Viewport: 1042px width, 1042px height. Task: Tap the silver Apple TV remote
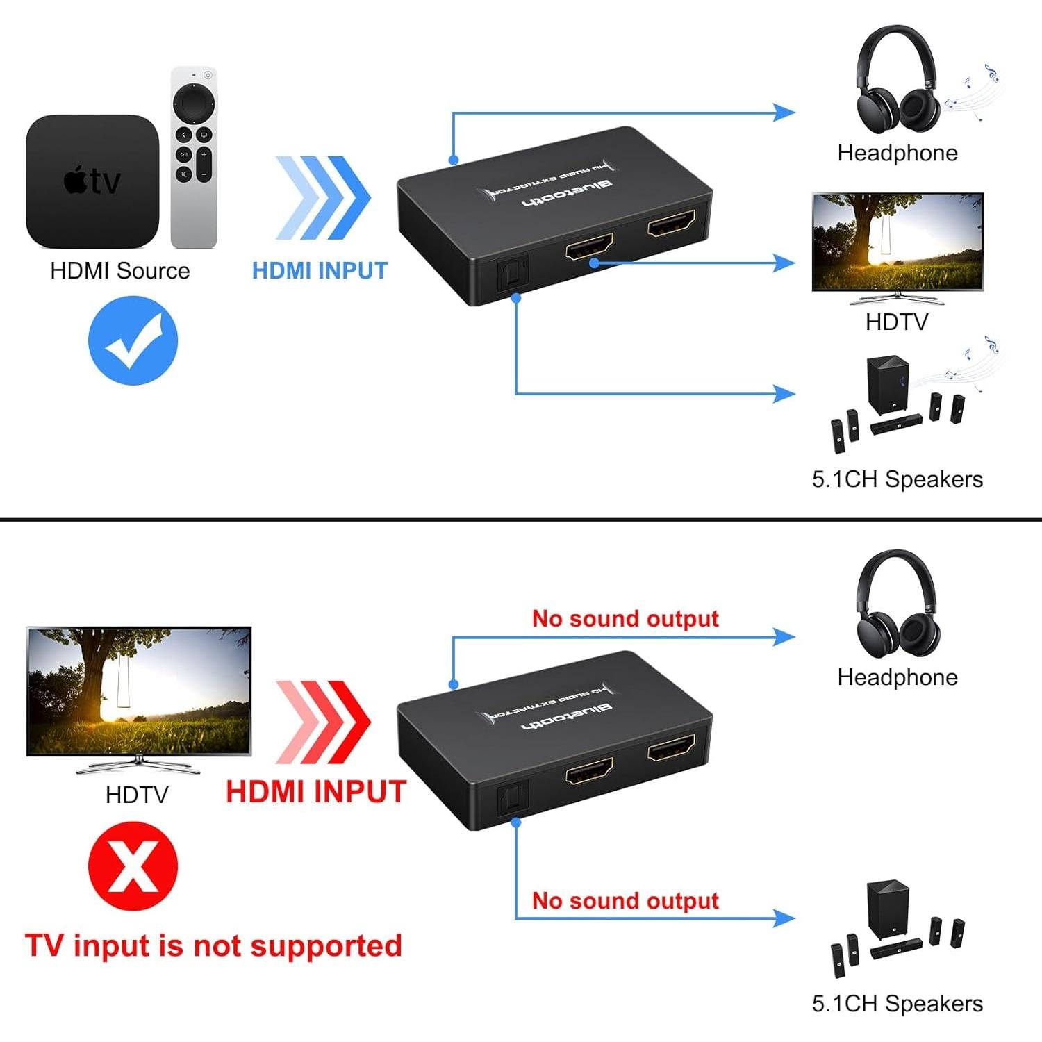point(194,157)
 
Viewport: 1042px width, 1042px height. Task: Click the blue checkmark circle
point(133,340)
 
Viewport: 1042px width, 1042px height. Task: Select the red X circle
point(133,866)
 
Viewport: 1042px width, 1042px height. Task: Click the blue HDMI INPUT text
point(320,270)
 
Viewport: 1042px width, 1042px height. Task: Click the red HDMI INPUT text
point(316,792)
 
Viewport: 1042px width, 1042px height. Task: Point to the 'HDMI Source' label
point(119,270)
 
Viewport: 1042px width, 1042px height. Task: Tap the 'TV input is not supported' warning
point(213,946)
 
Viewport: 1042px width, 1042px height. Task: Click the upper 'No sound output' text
point(625,618)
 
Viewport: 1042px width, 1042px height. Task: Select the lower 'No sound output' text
point(625,900)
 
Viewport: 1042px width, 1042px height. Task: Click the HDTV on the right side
point(898,243)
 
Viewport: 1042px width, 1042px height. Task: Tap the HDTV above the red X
point(138,692)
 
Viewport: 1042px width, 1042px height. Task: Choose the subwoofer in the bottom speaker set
point(887,909)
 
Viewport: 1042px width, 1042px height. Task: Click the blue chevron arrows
point(323,198)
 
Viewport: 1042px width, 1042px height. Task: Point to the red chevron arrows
point(323,722)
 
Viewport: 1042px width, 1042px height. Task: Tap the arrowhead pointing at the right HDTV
point(785,263)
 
